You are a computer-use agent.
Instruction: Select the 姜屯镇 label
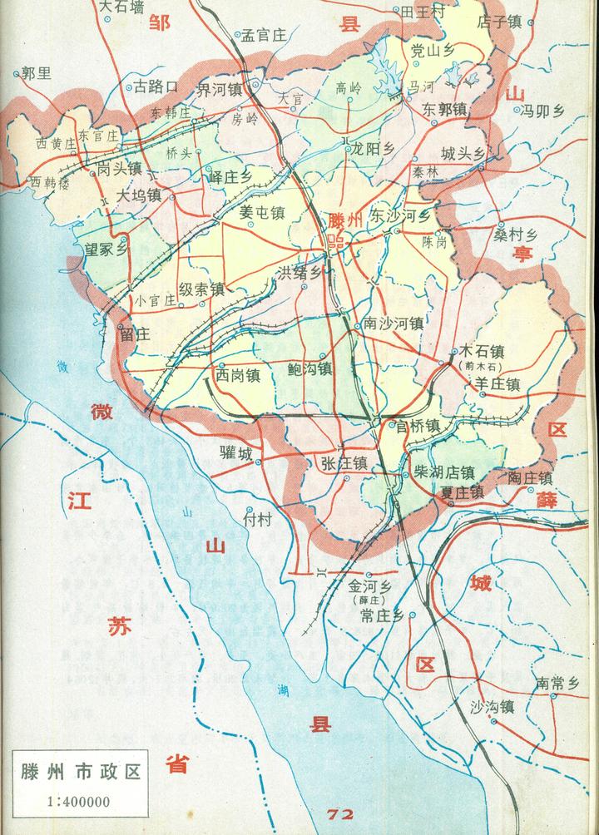pos(262,213)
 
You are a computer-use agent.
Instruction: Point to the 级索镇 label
pos(202,289)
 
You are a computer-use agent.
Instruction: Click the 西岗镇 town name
pos(239,375)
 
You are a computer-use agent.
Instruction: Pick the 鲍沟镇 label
pos(310,368)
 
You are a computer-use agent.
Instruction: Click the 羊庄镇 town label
pos(497,384)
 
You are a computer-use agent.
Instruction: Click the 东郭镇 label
pos(443,109)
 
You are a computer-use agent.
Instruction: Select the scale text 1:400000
pos(76,803)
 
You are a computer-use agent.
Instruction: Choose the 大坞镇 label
pos(138,196)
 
